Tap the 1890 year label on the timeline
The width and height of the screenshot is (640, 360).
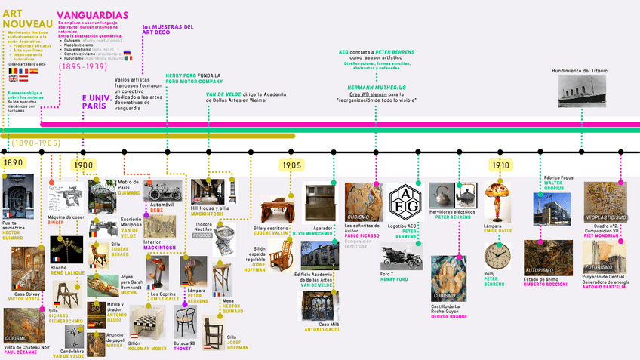[x=13, y=163]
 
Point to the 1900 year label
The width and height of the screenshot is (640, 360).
[x=83, y=165]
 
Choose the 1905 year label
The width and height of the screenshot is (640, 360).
[x=292, y=165]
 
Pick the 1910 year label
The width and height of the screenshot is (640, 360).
[x=500, y=165]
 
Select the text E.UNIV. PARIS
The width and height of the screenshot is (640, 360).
[x=94, y=102]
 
